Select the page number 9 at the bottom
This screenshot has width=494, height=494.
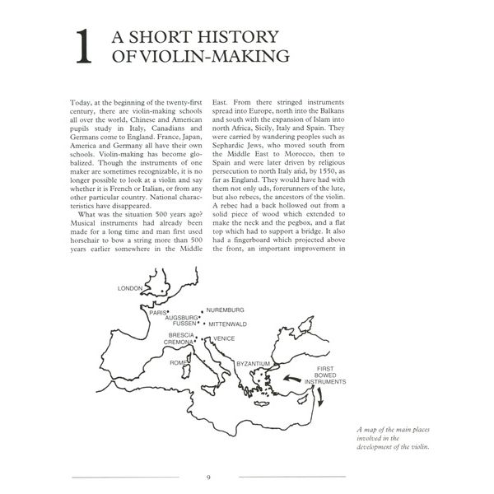(x=208, y=477)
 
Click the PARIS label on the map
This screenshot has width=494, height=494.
(x=157, y=313)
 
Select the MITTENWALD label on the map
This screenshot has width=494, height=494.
(x=226, y=324)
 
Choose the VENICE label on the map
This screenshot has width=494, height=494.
(x=224, y=338)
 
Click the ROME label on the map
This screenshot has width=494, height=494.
(x=179, y=362)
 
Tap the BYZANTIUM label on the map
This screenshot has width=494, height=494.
(x=254, y=363)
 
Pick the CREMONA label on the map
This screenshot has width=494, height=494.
(x=179, y=343)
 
